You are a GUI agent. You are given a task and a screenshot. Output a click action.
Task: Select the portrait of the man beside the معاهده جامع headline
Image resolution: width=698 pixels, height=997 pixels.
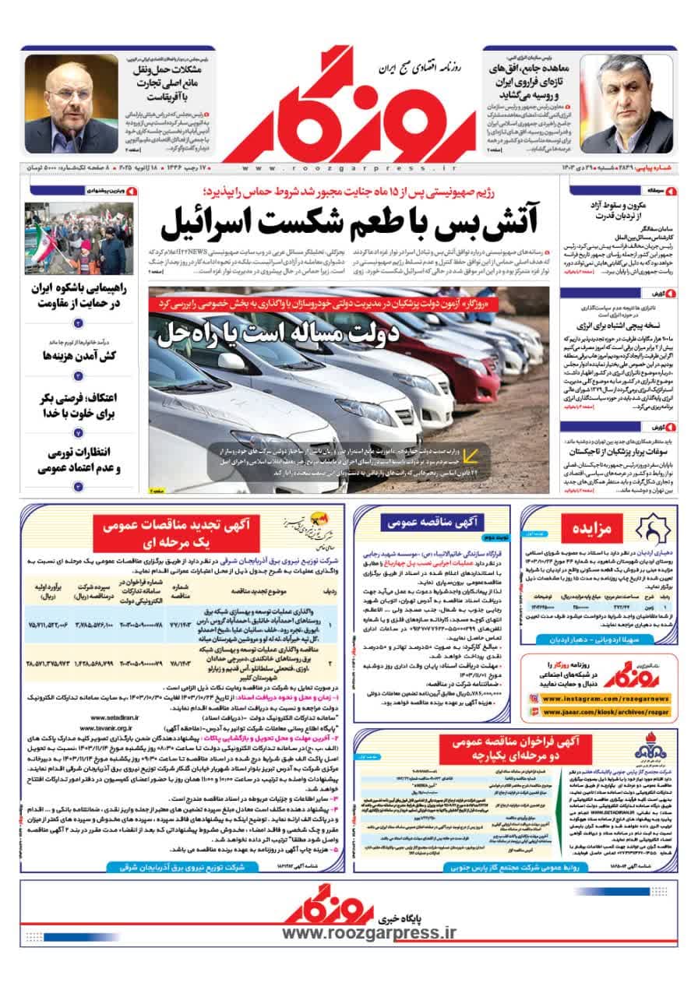628,104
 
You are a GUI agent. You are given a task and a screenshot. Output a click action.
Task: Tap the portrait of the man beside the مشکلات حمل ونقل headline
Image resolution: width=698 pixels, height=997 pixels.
71,104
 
